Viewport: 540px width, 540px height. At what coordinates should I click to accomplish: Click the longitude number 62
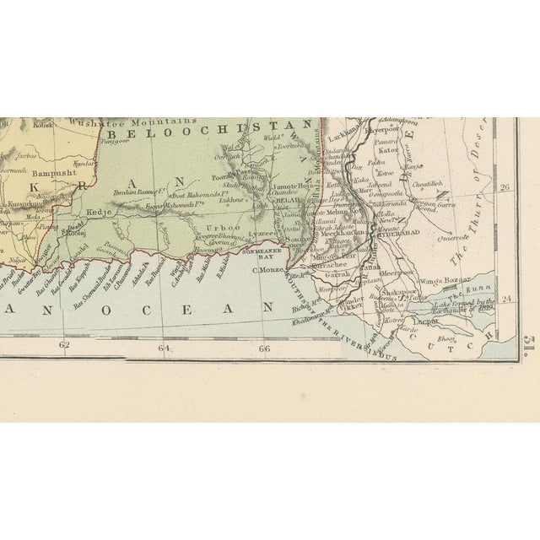pos(63,345)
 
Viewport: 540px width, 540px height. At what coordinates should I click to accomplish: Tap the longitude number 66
pos(264,347)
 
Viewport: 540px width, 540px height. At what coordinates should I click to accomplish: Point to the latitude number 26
pos(506,187)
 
